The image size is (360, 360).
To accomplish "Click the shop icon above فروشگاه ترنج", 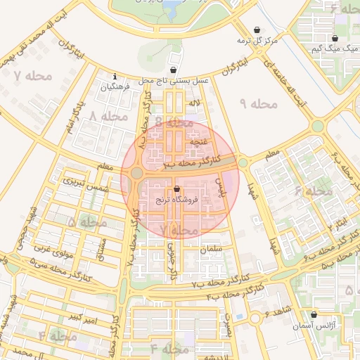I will point(176,189).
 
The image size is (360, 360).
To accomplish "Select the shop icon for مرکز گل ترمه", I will point(257,30).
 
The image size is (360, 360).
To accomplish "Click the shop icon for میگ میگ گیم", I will point(335,38).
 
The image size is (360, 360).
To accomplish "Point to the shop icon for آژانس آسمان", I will point(313,315).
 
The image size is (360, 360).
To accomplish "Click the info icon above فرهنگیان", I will point(115,77).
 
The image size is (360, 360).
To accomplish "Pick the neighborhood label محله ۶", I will point(313,191).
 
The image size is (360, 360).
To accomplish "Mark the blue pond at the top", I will point(171,8).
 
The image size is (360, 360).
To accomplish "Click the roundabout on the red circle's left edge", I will point(136,173).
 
